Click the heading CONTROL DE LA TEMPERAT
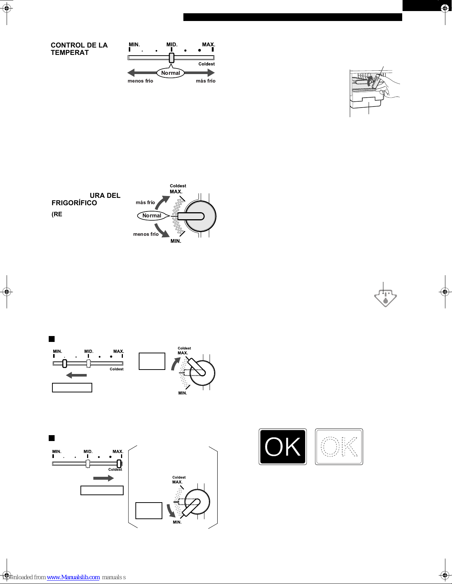tap(79, 49)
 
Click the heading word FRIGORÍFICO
tap(74, 203)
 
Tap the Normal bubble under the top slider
tap(170, 73)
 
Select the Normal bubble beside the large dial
tap(152, 216)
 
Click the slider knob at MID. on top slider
tap(171, 57)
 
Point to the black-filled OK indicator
tap(283, 447)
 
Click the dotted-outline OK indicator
tap(339, 447)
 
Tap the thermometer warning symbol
tap(386, 298)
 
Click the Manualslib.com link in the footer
tap(73, 577)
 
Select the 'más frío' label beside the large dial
tap(145, 202)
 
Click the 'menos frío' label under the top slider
tap(140, 81)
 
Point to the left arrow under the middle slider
tap(76, 375)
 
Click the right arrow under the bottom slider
tap(104, 478)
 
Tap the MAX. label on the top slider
tap(208, 45)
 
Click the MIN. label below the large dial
tap(176, 241)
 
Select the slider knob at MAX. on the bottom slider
tap(119, 464)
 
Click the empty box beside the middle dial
tap(152, 361)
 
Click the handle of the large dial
tap(191, 216)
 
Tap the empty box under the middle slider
tap(72, 388)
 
